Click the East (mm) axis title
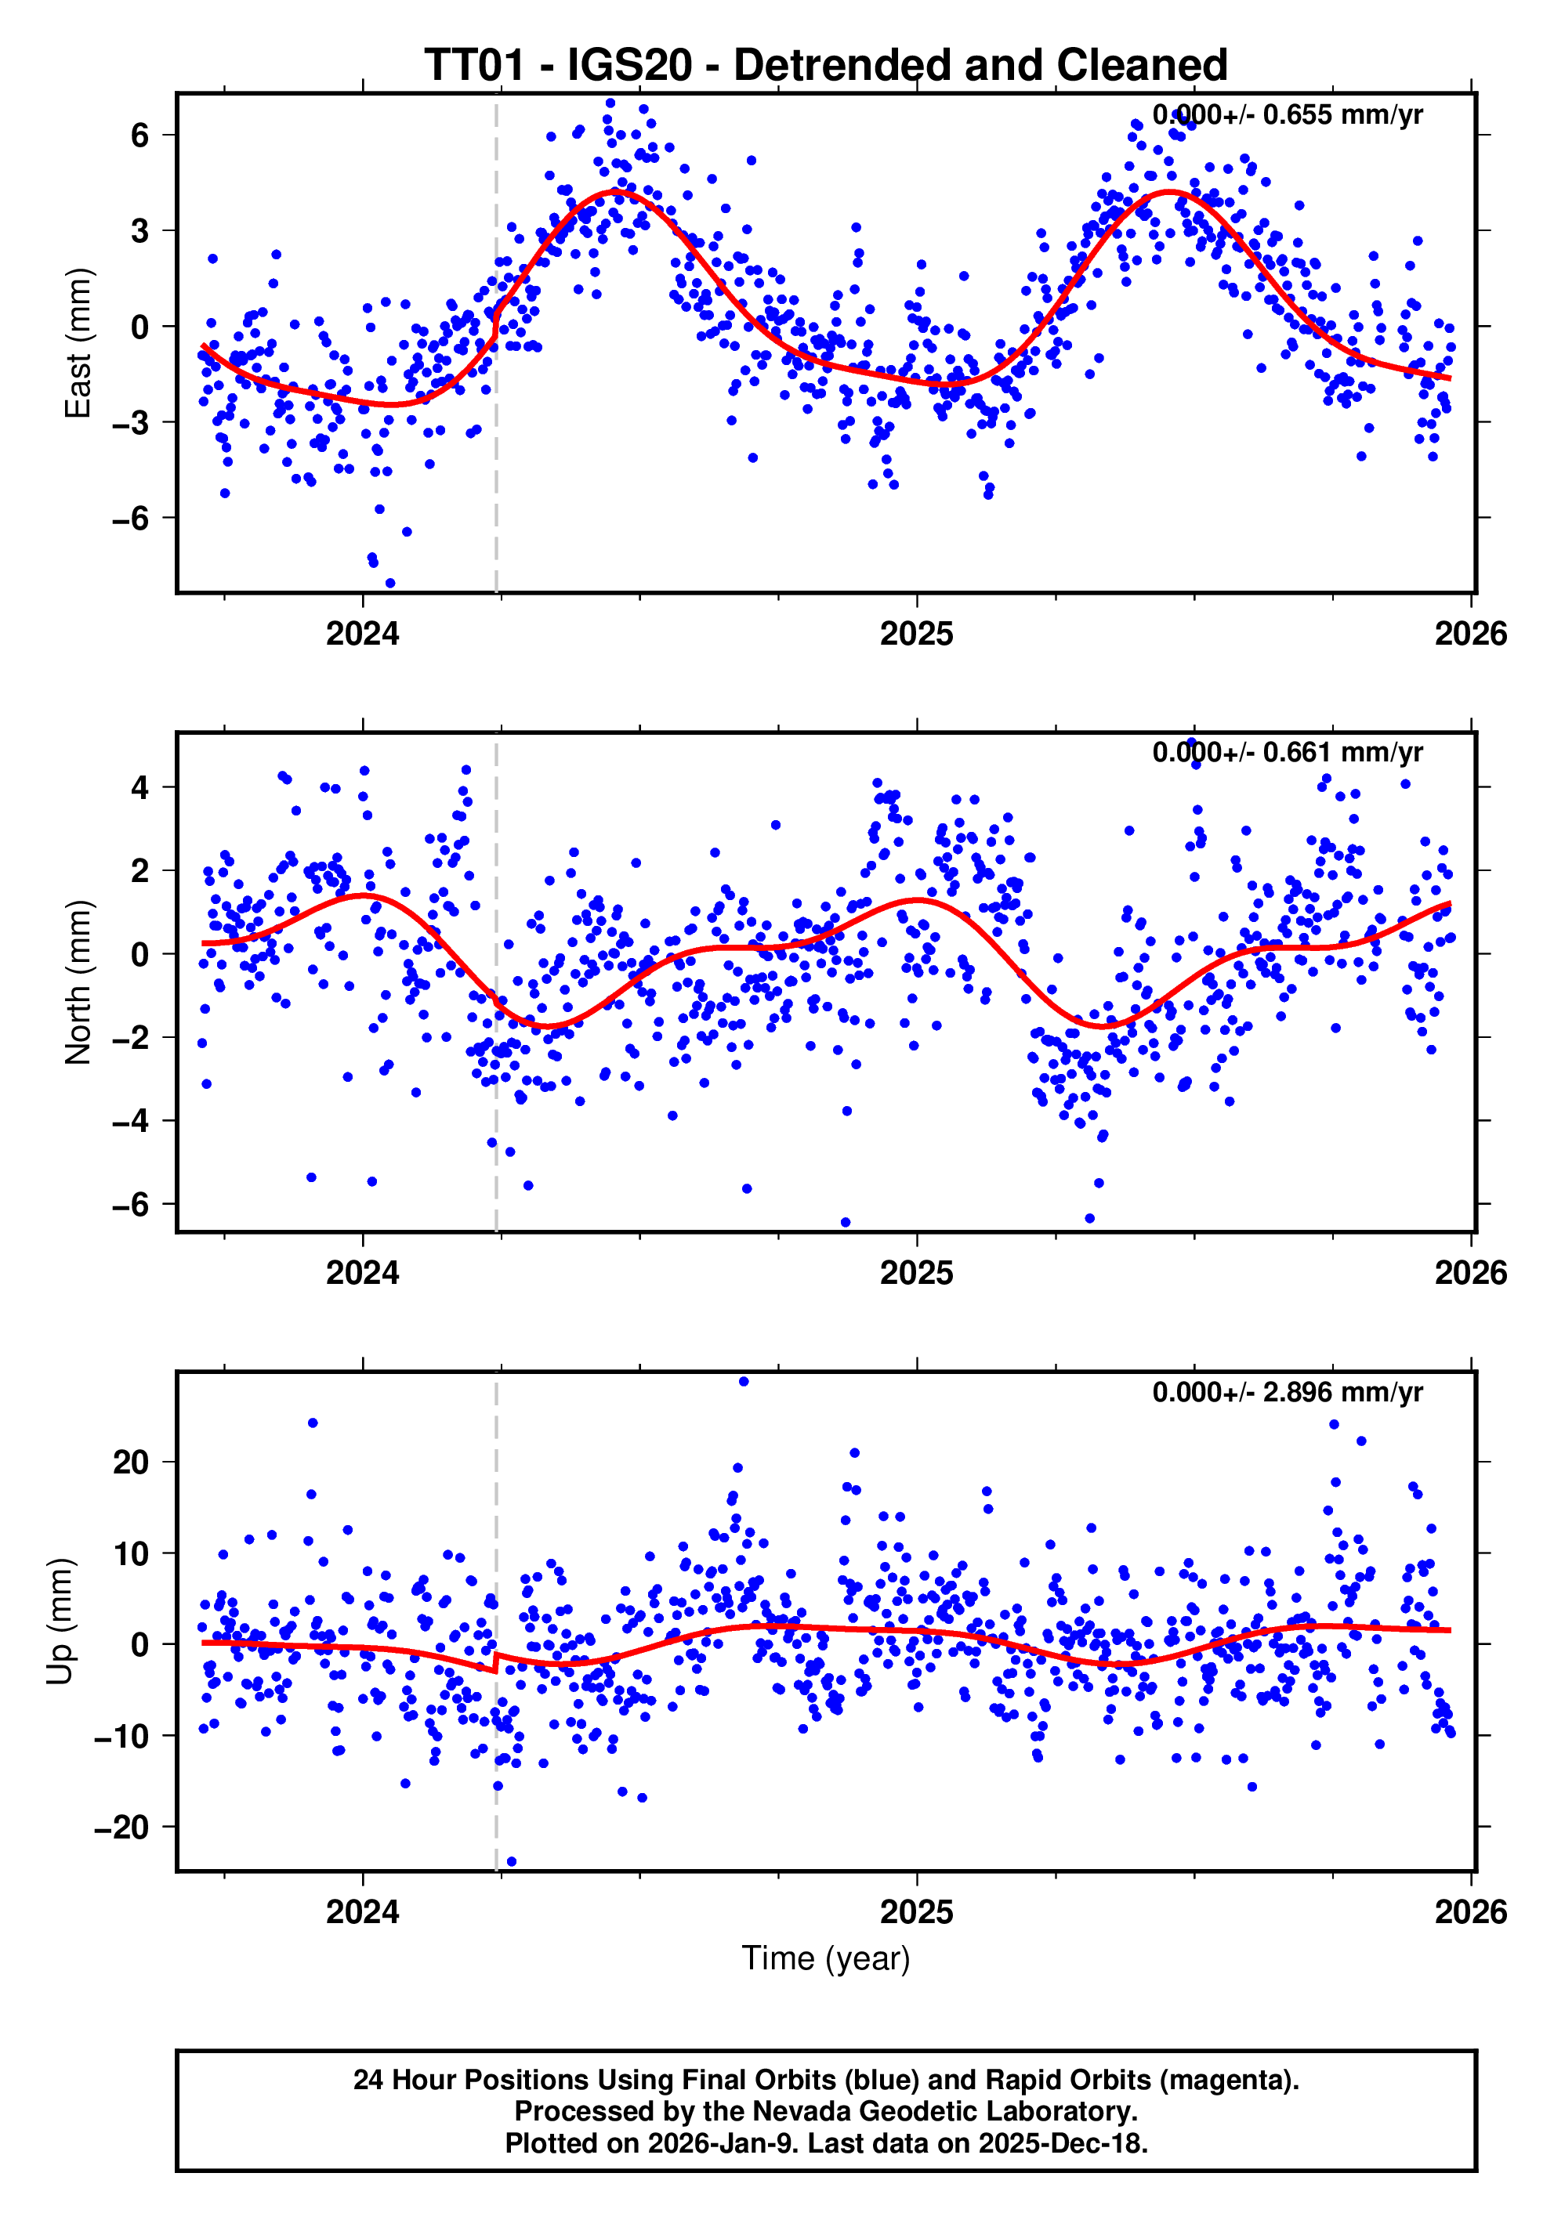point(78,343)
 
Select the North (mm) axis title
point(78,982)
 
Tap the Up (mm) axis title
point(60,1622)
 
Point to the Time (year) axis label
point(825,1958)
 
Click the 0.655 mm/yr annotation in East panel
point(1286,115)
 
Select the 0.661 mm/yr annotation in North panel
point(1286,752)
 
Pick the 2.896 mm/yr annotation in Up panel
point(1286,1392)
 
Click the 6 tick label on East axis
point(140,136)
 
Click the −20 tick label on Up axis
point(121,1828)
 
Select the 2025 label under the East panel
point(916,635)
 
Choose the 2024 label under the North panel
point(363,1272)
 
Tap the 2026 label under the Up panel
point(1470,1911)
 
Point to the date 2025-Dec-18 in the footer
point(1062,2143)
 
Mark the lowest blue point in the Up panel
point(512,1861)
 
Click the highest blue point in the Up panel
point(744,1382)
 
